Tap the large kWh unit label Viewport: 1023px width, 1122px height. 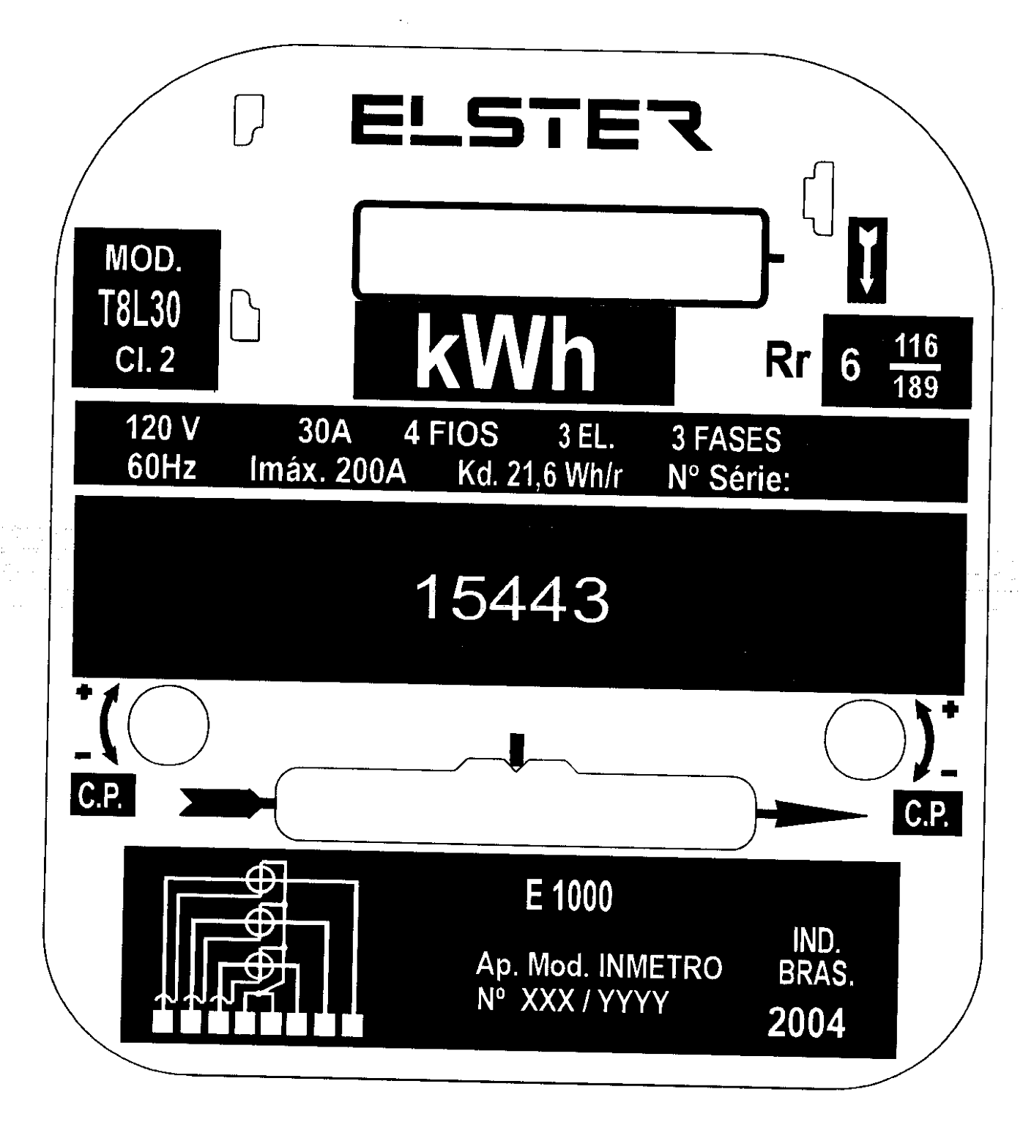tap(505, 353)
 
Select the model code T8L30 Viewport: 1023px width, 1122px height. tap(140, 309)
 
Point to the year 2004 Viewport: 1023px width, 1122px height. tap(806, 1023)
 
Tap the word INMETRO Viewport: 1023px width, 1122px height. tap(661, 968)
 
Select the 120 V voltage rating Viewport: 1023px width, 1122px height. tap(163, 428)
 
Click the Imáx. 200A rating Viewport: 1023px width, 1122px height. tap(328, 470)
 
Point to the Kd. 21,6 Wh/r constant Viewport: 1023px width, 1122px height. tap(540, 475)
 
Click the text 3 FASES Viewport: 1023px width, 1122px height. tap(726, 439)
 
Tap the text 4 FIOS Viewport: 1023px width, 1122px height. tap(451, 434)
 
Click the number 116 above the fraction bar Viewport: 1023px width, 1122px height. tap(915, 346)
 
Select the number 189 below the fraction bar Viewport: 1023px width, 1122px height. tap(915, 387)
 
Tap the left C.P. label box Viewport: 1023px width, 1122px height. tap(103, 795)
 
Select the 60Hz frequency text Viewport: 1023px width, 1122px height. tap(161, 467)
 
